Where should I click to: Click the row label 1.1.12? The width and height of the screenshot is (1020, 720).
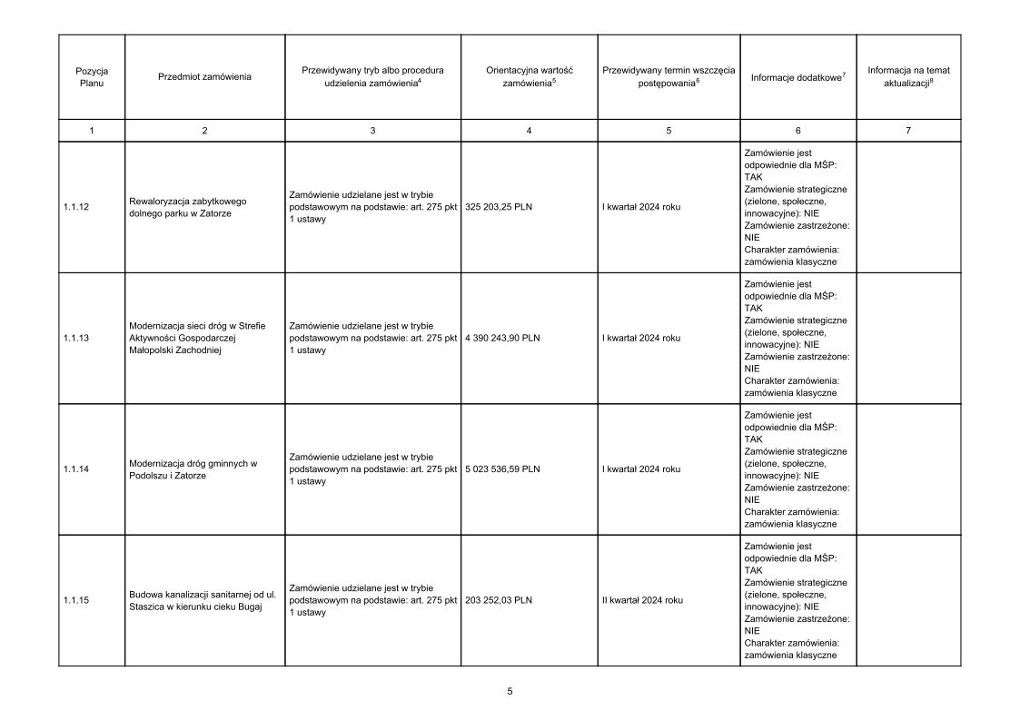pyautogui.click(x=76, y=207)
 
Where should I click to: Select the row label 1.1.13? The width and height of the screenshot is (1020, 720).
pyautogui.click(x=76, y=338)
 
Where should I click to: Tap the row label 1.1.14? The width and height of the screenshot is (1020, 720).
pyautogui.click(x=76, y=469)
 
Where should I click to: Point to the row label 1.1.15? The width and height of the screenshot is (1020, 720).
pyautogui.click(x=76, y=600)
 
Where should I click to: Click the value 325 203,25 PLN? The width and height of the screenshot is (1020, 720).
pyautogui.click(x=499, y=207)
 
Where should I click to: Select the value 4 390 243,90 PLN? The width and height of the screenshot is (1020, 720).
pyautogui.click(x=502, y=338)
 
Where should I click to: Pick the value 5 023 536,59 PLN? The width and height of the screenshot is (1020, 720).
pyautogui.click(x=502, y=469)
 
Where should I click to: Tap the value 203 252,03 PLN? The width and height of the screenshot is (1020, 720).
pyautogui.click(x=499, y=600)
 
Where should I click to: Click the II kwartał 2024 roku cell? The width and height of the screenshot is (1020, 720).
pyautogui.click(x=642, y=600)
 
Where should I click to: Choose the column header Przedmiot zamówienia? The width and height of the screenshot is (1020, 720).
pyautogui.click(x=204, y=77)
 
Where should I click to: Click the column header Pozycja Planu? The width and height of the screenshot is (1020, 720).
pyautogui.click(x=92, y=76)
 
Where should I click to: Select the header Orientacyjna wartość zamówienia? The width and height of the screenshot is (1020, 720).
pyautogui.click(x=529, y=76)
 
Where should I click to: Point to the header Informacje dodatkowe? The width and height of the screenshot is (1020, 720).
pyautogui.click(x=797, y=77)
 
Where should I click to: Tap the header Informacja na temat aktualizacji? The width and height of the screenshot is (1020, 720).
pyautogui.click(x=908, y=76)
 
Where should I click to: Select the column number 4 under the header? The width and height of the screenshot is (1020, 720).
pyautogui.click(x=529, y=131)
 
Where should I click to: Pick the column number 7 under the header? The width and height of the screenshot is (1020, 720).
pyautogui.click(x=908, y=131)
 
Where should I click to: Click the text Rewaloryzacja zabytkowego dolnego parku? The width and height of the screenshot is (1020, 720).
pyautogui.click(x=189, y=207)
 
